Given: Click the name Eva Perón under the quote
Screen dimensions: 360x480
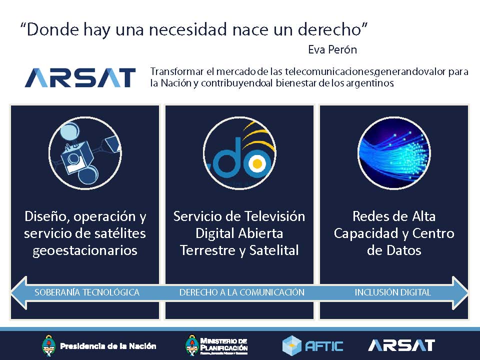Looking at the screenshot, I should (x=332, y=50).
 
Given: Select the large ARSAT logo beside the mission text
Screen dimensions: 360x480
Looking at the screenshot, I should (x=80, y=78).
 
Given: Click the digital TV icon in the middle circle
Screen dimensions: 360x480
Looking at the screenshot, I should (x=239, y=154).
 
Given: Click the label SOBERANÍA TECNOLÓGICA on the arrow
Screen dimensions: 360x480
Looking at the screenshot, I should (x=87, y=292).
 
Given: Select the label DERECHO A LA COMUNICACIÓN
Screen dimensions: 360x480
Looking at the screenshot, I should (x=241, y=292).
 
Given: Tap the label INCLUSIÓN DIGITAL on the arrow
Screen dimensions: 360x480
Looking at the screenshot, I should (x=392, y=292).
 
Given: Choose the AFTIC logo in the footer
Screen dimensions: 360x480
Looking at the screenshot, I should (x=313, y=345).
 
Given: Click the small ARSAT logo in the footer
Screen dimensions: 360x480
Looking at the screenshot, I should (x=401, y=345).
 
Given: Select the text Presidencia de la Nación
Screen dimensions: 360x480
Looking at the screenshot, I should (x=108, y=346).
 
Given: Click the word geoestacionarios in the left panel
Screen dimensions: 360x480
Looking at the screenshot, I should (x=85, y=250).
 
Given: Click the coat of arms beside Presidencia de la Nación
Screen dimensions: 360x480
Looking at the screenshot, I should (x=48, y=345).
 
